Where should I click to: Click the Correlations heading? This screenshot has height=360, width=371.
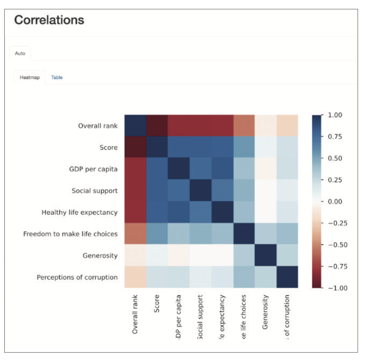point(49,20)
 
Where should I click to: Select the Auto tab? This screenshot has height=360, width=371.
point(20,53)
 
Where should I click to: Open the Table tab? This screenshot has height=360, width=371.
point(57,77)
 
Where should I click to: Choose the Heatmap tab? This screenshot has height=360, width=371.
point(30,77)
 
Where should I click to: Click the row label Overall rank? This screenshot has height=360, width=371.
point(98,126)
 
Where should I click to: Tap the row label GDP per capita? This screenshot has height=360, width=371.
point(94,169)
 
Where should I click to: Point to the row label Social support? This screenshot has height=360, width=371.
point(94,191)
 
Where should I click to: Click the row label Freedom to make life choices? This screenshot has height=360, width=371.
point(70,234)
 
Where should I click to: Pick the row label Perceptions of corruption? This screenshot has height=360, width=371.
point(77,277)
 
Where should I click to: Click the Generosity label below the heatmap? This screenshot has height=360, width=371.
point(265,313)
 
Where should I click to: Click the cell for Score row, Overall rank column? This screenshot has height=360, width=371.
point(135,147)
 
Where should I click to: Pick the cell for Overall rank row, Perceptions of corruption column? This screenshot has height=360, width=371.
point(287,125)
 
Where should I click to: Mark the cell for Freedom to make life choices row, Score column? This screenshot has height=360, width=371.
point(157,234)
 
